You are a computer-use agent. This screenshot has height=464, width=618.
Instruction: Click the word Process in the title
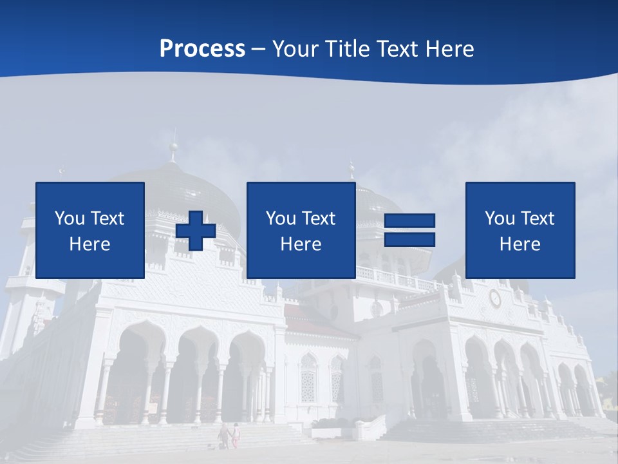tap(202, 48)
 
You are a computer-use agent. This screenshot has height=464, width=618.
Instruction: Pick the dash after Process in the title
tap(259, 50)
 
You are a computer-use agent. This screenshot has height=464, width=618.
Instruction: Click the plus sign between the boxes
tap(196, 231)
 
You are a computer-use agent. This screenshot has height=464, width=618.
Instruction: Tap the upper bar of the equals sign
tap(410, 221)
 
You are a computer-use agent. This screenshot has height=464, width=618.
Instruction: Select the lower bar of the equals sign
tap(410, 240)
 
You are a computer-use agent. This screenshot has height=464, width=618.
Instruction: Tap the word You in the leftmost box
tap(68, 218)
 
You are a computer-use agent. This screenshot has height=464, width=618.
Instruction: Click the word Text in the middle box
tap(318, 218)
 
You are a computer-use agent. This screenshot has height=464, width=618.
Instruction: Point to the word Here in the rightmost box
tap(520, 244)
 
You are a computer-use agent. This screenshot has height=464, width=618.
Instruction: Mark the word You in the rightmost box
tap(498, 218)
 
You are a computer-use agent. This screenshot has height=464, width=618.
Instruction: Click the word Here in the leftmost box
tap(90, 244)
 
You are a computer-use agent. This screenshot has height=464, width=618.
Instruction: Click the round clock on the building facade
tap(495, 298)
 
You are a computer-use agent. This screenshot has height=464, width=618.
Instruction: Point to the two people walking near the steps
tap(229, 435)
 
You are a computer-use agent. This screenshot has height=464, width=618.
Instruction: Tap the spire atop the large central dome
tap(173, 147)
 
